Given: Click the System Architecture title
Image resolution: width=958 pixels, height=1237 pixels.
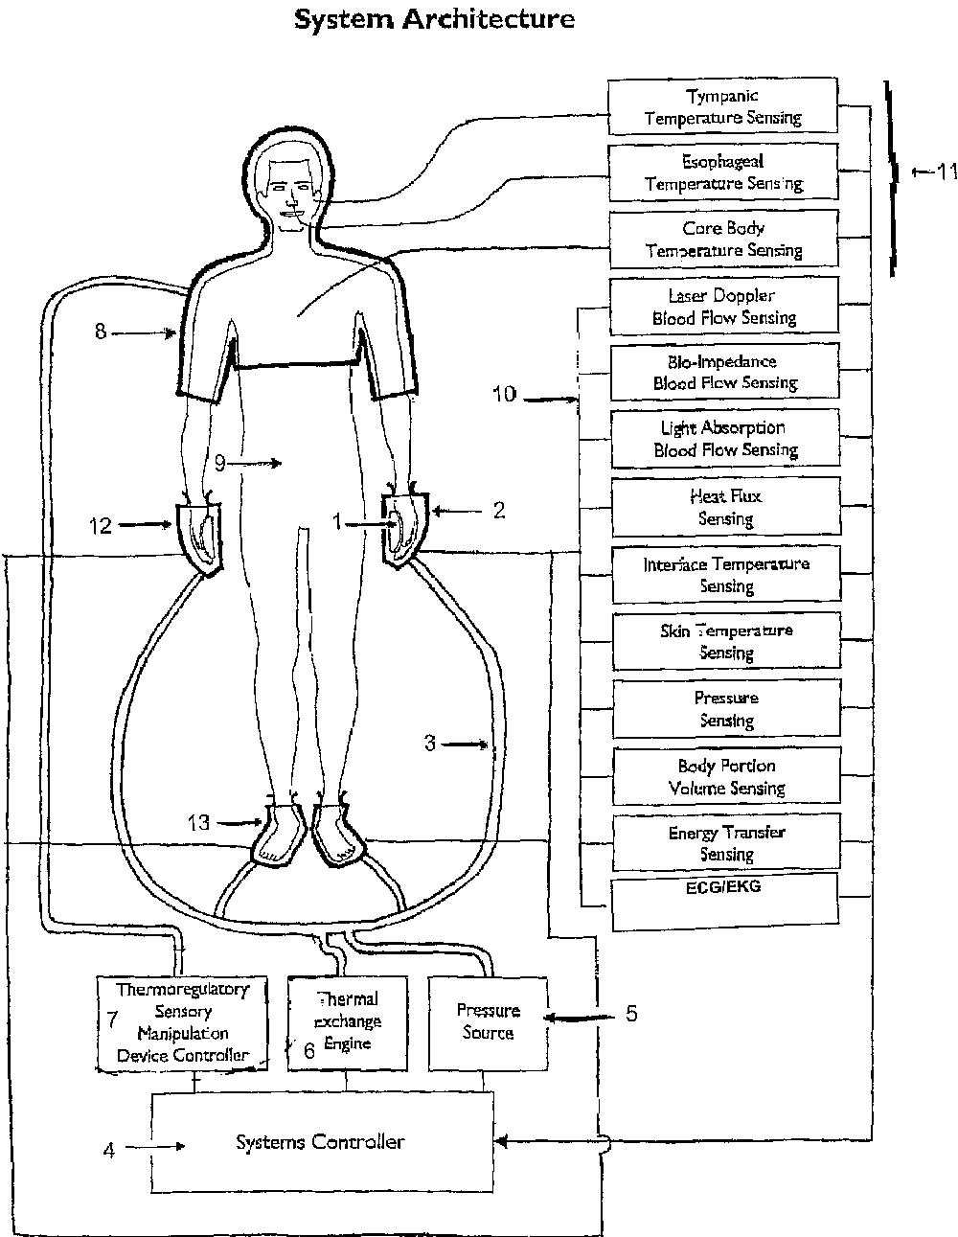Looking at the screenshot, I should click(x=434, y=19).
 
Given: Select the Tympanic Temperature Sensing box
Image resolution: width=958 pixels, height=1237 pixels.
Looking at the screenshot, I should click(x=723, y=106).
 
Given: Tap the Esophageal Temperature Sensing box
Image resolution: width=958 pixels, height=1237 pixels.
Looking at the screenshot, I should click(x=723, y=172).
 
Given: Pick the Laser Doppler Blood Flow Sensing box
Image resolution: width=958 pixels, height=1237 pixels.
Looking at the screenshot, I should click(x=723, y=306).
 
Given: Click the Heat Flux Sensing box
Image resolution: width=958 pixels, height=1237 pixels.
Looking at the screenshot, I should click(x=725, y=507).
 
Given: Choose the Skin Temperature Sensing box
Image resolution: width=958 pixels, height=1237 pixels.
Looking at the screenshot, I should click(x=725, y=641).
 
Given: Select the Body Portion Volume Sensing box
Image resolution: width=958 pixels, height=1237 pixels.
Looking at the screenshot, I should click(x=726, y=776).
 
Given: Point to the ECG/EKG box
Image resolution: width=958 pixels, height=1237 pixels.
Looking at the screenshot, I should click(x=726, y=901).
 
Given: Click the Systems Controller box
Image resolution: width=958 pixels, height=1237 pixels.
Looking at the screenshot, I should click(x=323, y=1142).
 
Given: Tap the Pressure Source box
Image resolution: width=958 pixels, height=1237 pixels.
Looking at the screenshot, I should click(x=488, y=1022).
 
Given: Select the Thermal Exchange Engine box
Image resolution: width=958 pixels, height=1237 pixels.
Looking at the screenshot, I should click(x=347, y=1022).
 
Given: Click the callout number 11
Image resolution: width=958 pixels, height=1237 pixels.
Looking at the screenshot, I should click(x=947, y=172).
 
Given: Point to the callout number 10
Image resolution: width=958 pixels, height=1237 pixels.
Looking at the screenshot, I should click(x=504, y=394).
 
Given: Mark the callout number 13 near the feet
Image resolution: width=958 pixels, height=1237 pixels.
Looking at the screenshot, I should click(x=198, y=822).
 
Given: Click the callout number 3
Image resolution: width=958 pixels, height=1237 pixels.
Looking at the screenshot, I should click(x=430, y=743).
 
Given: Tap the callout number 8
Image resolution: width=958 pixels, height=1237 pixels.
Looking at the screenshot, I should click(x=101, y=332).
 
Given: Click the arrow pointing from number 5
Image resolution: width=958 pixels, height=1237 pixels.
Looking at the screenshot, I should click(x=579, y=1016).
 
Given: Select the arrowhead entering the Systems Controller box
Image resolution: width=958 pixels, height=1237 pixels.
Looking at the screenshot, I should click(x=502, y=1140).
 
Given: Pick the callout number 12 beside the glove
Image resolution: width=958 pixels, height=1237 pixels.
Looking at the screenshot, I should click(x=100, y=525).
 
